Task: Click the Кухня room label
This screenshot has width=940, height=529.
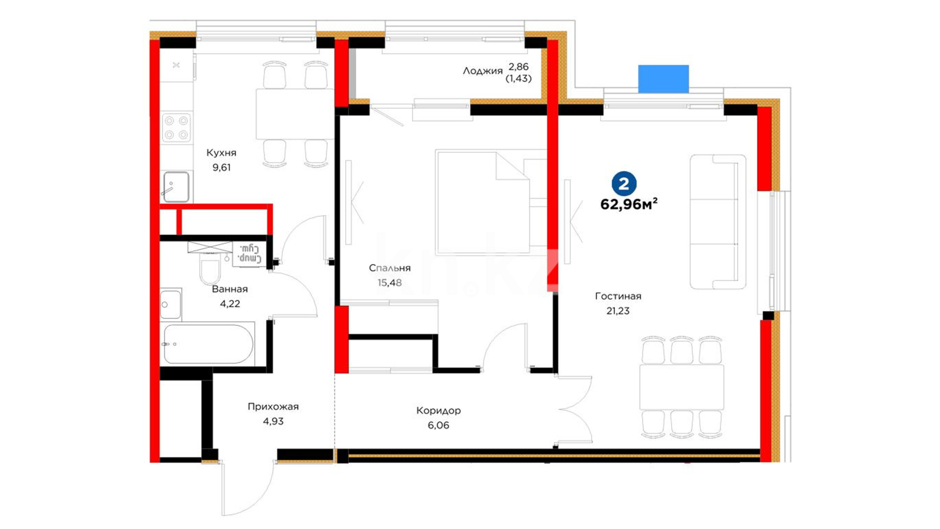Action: click(x=221, y=153)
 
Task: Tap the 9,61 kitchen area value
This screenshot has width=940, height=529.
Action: click(x=221, y=168)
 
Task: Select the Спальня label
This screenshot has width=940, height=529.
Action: click(x=390, y=268)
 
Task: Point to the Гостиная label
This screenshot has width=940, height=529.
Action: click(x=618, y=296)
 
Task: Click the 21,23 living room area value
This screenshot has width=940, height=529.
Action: click(x=618, y=311)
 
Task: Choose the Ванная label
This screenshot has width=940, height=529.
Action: click(x=230, y=289)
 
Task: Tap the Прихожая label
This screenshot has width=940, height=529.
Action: click(x=273, y=407)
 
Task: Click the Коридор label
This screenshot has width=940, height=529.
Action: click(x=438, y=410)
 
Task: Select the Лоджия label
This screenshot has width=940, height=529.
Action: click(x=483, y=71)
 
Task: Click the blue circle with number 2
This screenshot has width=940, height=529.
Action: click(x=624, y=184)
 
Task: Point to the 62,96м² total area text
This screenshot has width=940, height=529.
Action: click(x=629, y=204)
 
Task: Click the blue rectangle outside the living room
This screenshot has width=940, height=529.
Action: click(x=663, y=79)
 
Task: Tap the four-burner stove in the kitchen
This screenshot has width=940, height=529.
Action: click(x=176, y=127)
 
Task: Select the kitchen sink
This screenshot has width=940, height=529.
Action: click(x=176, y=187)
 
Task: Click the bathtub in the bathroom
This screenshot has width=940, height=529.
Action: click(x=208, y=344)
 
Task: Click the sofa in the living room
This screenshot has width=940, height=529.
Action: click(x=718, y=222)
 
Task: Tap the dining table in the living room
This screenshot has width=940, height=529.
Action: click(x=681, y=387)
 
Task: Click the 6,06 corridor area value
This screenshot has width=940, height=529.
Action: click(x=438, y=425)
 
